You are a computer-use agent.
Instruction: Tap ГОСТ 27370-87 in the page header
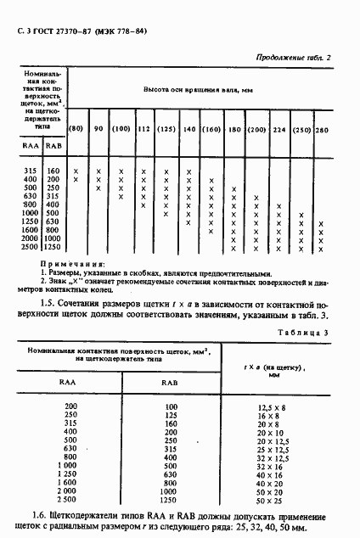(58, 31)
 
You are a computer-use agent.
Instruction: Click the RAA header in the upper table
(26, 147)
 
